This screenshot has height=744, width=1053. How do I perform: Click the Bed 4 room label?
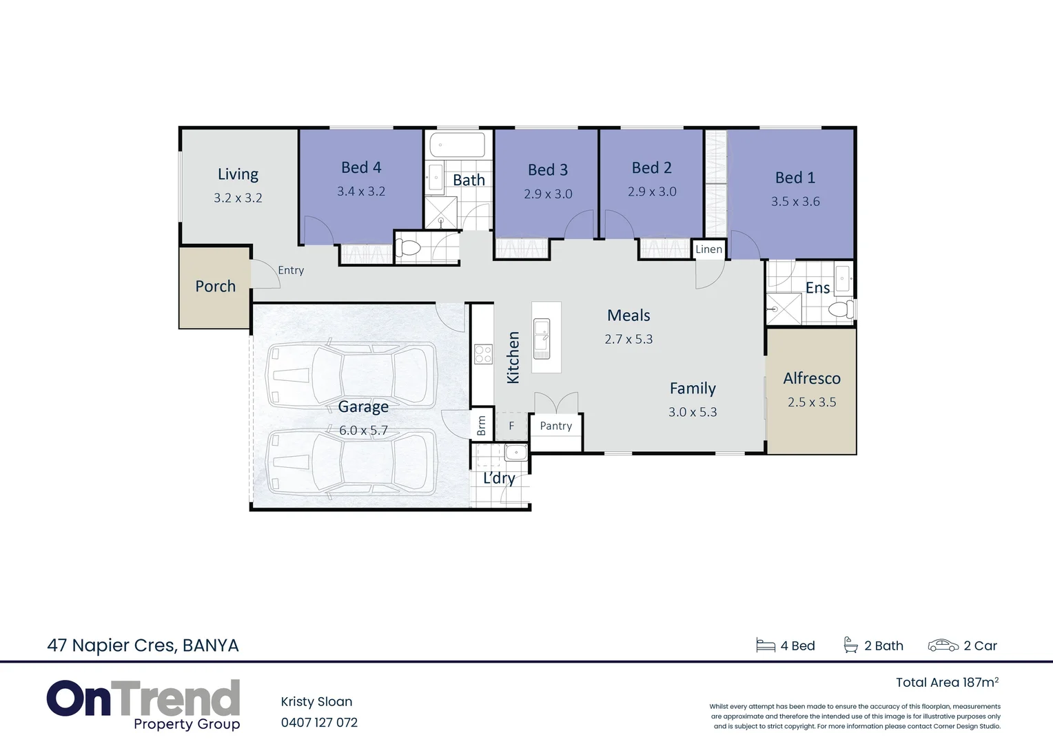(361, 167)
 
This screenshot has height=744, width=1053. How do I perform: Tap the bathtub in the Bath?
(457, 145)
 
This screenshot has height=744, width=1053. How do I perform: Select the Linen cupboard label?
(708, 249)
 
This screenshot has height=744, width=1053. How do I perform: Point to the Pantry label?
(555, 426)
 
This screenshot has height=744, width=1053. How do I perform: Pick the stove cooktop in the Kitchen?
(482, 354)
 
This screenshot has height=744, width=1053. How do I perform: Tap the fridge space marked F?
(511, 426)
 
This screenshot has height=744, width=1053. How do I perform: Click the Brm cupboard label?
(481, 426)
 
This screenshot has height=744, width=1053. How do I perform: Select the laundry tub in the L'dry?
(515, 453)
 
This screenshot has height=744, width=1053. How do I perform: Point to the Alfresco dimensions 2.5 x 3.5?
(812, 402)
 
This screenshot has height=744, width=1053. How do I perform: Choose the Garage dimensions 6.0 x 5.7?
(363, 431)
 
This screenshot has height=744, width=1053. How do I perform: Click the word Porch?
(215, 287)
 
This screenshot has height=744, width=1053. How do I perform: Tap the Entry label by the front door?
(291, 270)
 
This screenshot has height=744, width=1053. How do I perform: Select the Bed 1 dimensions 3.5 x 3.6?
(795, 202)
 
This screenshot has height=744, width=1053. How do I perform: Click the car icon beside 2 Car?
(943, 645)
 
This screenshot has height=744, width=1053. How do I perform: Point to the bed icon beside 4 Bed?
(766, 645)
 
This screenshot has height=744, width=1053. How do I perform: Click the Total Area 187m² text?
(947, 682)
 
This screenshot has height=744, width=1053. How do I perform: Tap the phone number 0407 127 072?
(319, 723)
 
